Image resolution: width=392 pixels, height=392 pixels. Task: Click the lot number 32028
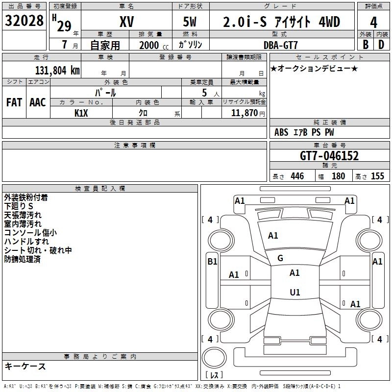coord(24,21)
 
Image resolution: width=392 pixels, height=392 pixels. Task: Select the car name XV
coord(127,22)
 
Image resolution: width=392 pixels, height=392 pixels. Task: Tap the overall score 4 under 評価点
coord(373,23)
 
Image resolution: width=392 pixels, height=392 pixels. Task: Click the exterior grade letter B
coord(366,45)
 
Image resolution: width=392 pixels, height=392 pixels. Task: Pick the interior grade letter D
coord(381,45)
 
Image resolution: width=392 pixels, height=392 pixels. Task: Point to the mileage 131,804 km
coord(57,71)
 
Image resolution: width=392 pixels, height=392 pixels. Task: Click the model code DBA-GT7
coord(281,45)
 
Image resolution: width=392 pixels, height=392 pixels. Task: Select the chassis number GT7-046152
coord(329,156)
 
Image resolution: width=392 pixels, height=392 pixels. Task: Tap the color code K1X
coord(81,113)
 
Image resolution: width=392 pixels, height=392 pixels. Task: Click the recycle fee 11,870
coord(244,113)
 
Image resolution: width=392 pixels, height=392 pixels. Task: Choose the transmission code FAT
coord(14,102)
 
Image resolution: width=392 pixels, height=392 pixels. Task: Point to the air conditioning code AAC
coord(38,102)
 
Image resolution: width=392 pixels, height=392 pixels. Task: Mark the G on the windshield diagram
coord(280,258)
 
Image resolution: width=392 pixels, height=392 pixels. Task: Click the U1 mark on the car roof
coord(295,292)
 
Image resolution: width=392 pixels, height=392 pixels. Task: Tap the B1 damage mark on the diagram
coord(212,262)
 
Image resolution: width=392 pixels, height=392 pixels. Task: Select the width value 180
coord(339,176)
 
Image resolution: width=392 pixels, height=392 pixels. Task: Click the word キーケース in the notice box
coord(25,366)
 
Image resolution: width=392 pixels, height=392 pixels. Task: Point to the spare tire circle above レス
coord(214,358)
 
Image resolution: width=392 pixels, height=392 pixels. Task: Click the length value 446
coord(297,176)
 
